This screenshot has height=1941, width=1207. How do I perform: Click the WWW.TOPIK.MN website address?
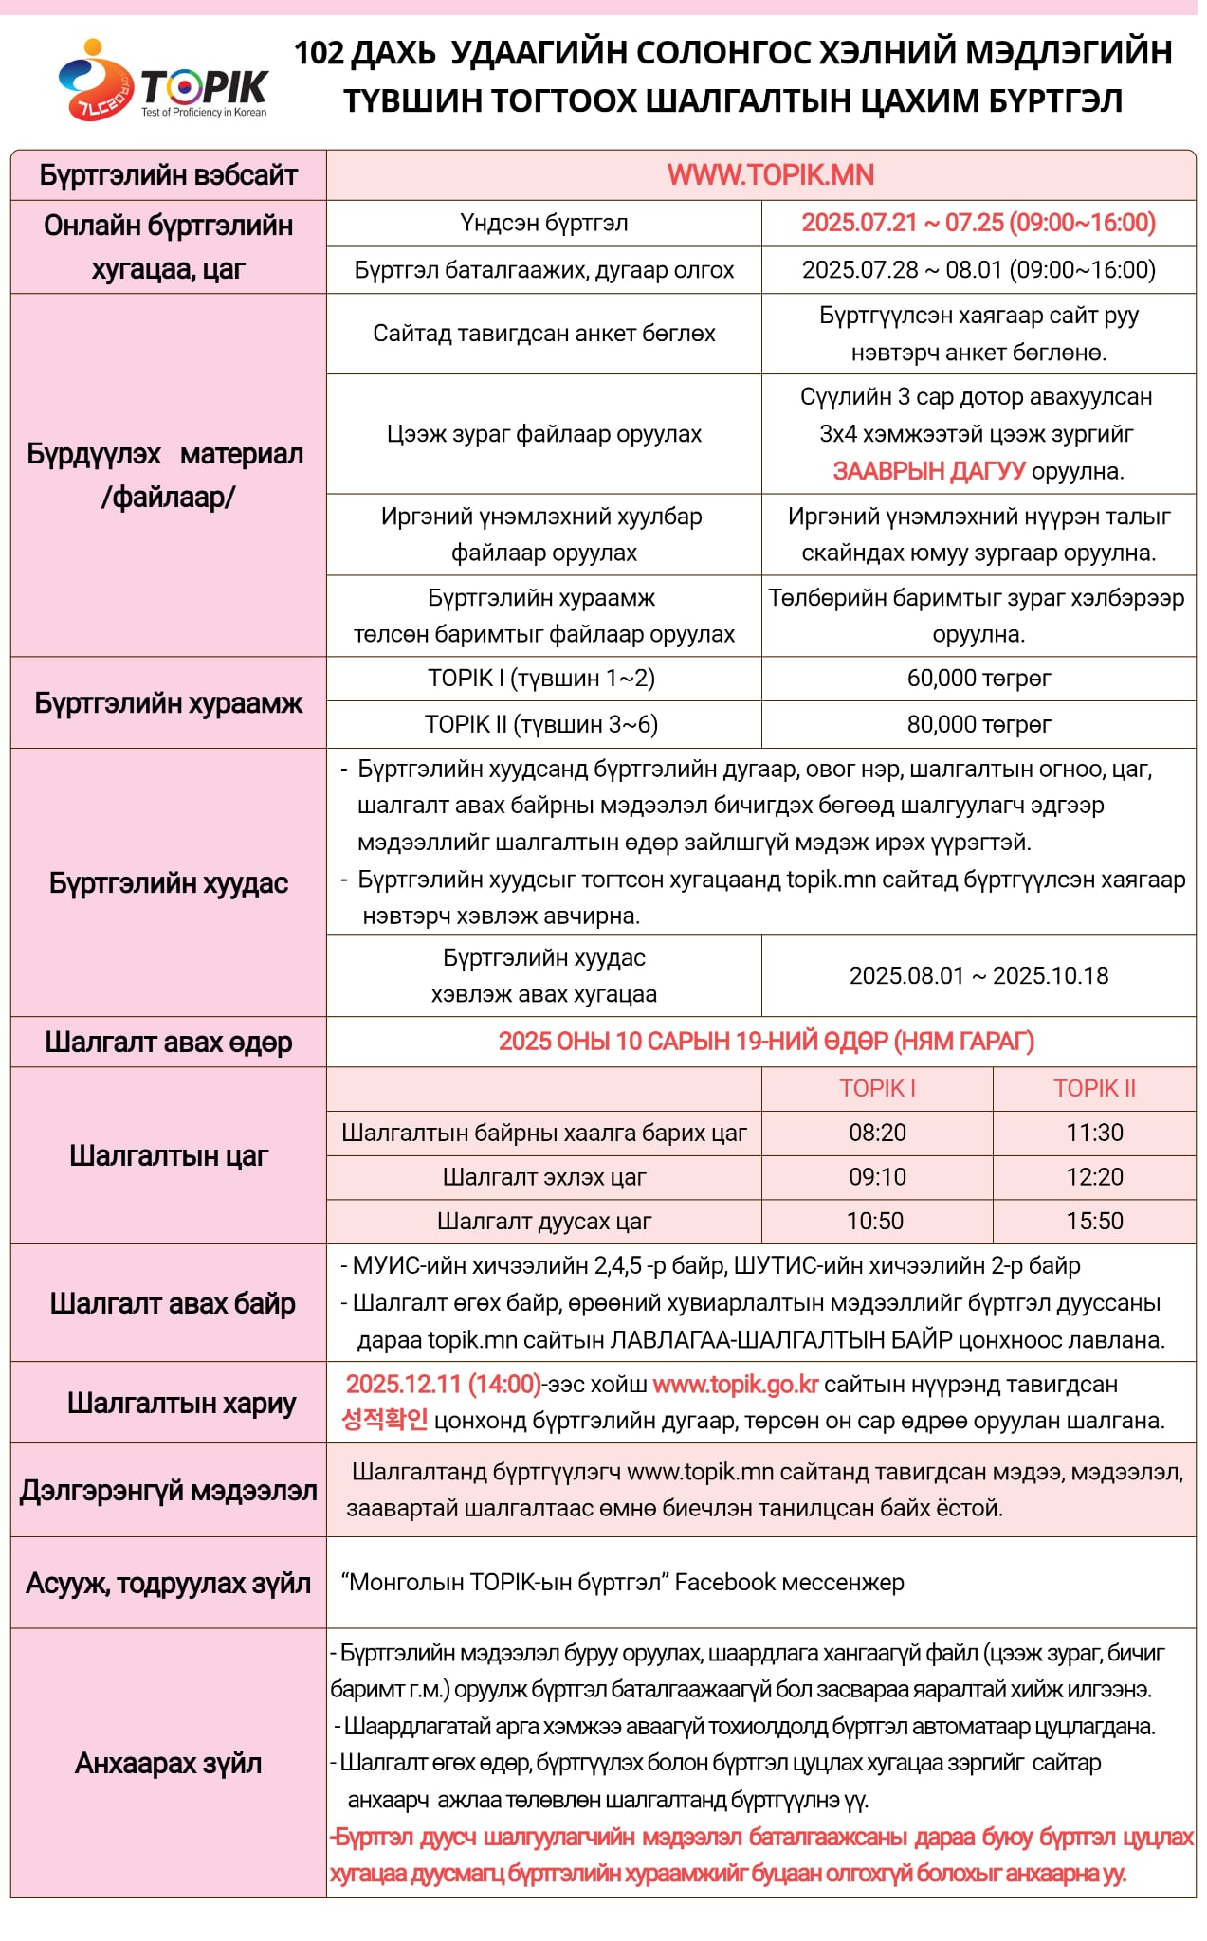point(770,175)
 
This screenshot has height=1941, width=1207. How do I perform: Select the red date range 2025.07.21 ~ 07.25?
point(978,223)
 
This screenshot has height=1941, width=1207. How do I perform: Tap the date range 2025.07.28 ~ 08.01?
point(978,270)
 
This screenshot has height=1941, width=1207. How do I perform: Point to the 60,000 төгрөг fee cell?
point(978,679)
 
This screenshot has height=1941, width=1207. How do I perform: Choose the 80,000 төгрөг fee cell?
point(978,725)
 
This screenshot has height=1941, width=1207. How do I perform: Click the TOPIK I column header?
point(877,1088)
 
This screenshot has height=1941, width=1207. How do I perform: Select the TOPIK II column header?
point(1094,1088)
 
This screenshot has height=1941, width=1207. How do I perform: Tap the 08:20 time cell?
point(877,1133)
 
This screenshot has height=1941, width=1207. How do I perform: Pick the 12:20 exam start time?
point(1094,1177)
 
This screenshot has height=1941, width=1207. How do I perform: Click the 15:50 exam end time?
point(1094,1221)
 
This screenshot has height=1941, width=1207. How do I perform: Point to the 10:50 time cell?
point(875,1221)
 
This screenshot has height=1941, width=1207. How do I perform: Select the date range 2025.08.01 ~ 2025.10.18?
point(978,976)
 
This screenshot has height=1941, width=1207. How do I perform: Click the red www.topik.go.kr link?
point(735,1385)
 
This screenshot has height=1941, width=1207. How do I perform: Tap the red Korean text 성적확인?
point(384,1421)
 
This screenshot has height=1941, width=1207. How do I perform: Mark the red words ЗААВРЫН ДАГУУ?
point(928,471)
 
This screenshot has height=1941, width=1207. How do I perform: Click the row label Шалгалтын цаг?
point(168,1156)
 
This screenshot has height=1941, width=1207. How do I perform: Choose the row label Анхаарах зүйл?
point(168,1764)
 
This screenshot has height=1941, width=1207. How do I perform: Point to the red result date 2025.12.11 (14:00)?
point(443,1385)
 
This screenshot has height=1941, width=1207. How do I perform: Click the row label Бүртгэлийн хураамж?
point(168,703)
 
